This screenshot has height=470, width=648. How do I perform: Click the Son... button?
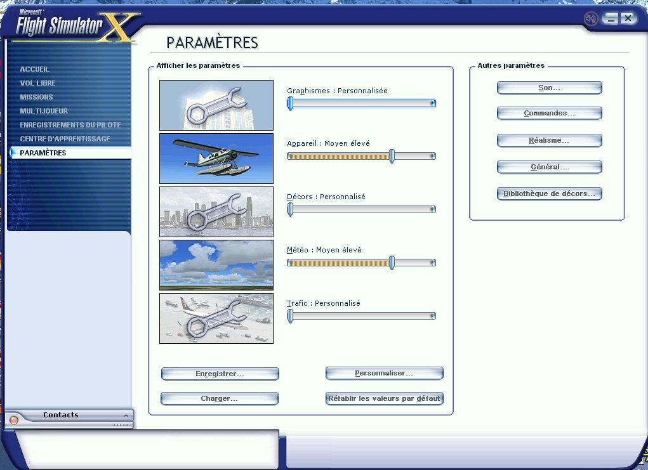tap(549, 88)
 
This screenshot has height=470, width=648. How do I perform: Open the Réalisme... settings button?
tap(549, 140)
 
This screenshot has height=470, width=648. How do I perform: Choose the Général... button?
tap(549, 167)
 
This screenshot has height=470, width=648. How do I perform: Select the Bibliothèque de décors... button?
tap(549, 193)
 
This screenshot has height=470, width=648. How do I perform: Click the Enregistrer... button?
tap(220, 374)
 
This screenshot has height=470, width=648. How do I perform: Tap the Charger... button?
tap(220, 398)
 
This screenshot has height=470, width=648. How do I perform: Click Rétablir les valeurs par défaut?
tap(385, 398)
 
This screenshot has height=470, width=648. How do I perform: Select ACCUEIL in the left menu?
tap(35, 69)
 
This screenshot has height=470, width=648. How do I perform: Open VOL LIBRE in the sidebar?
tap(37, 83)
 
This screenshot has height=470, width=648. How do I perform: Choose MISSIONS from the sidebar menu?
tap(36, 97)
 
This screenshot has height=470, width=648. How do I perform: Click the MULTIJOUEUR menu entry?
tap(44, 111)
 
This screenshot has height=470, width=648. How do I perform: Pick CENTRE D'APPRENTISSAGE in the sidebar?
tap(65, 139)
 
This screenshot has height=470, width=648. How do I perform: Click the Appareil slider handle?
tap(392, 156)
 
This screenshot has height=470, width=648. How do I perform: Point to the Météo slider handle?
tap(392, 263)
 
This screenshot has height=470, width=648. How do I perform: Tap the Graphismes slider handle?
tap(290, 103)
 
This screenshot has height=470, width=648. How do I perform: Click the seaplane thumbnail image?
tap(216, 159)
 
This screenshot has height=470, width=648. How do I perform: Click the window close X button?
tap(628, 18)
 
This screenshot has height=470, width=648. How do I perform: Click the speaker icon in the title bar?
tap(591, 18)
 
